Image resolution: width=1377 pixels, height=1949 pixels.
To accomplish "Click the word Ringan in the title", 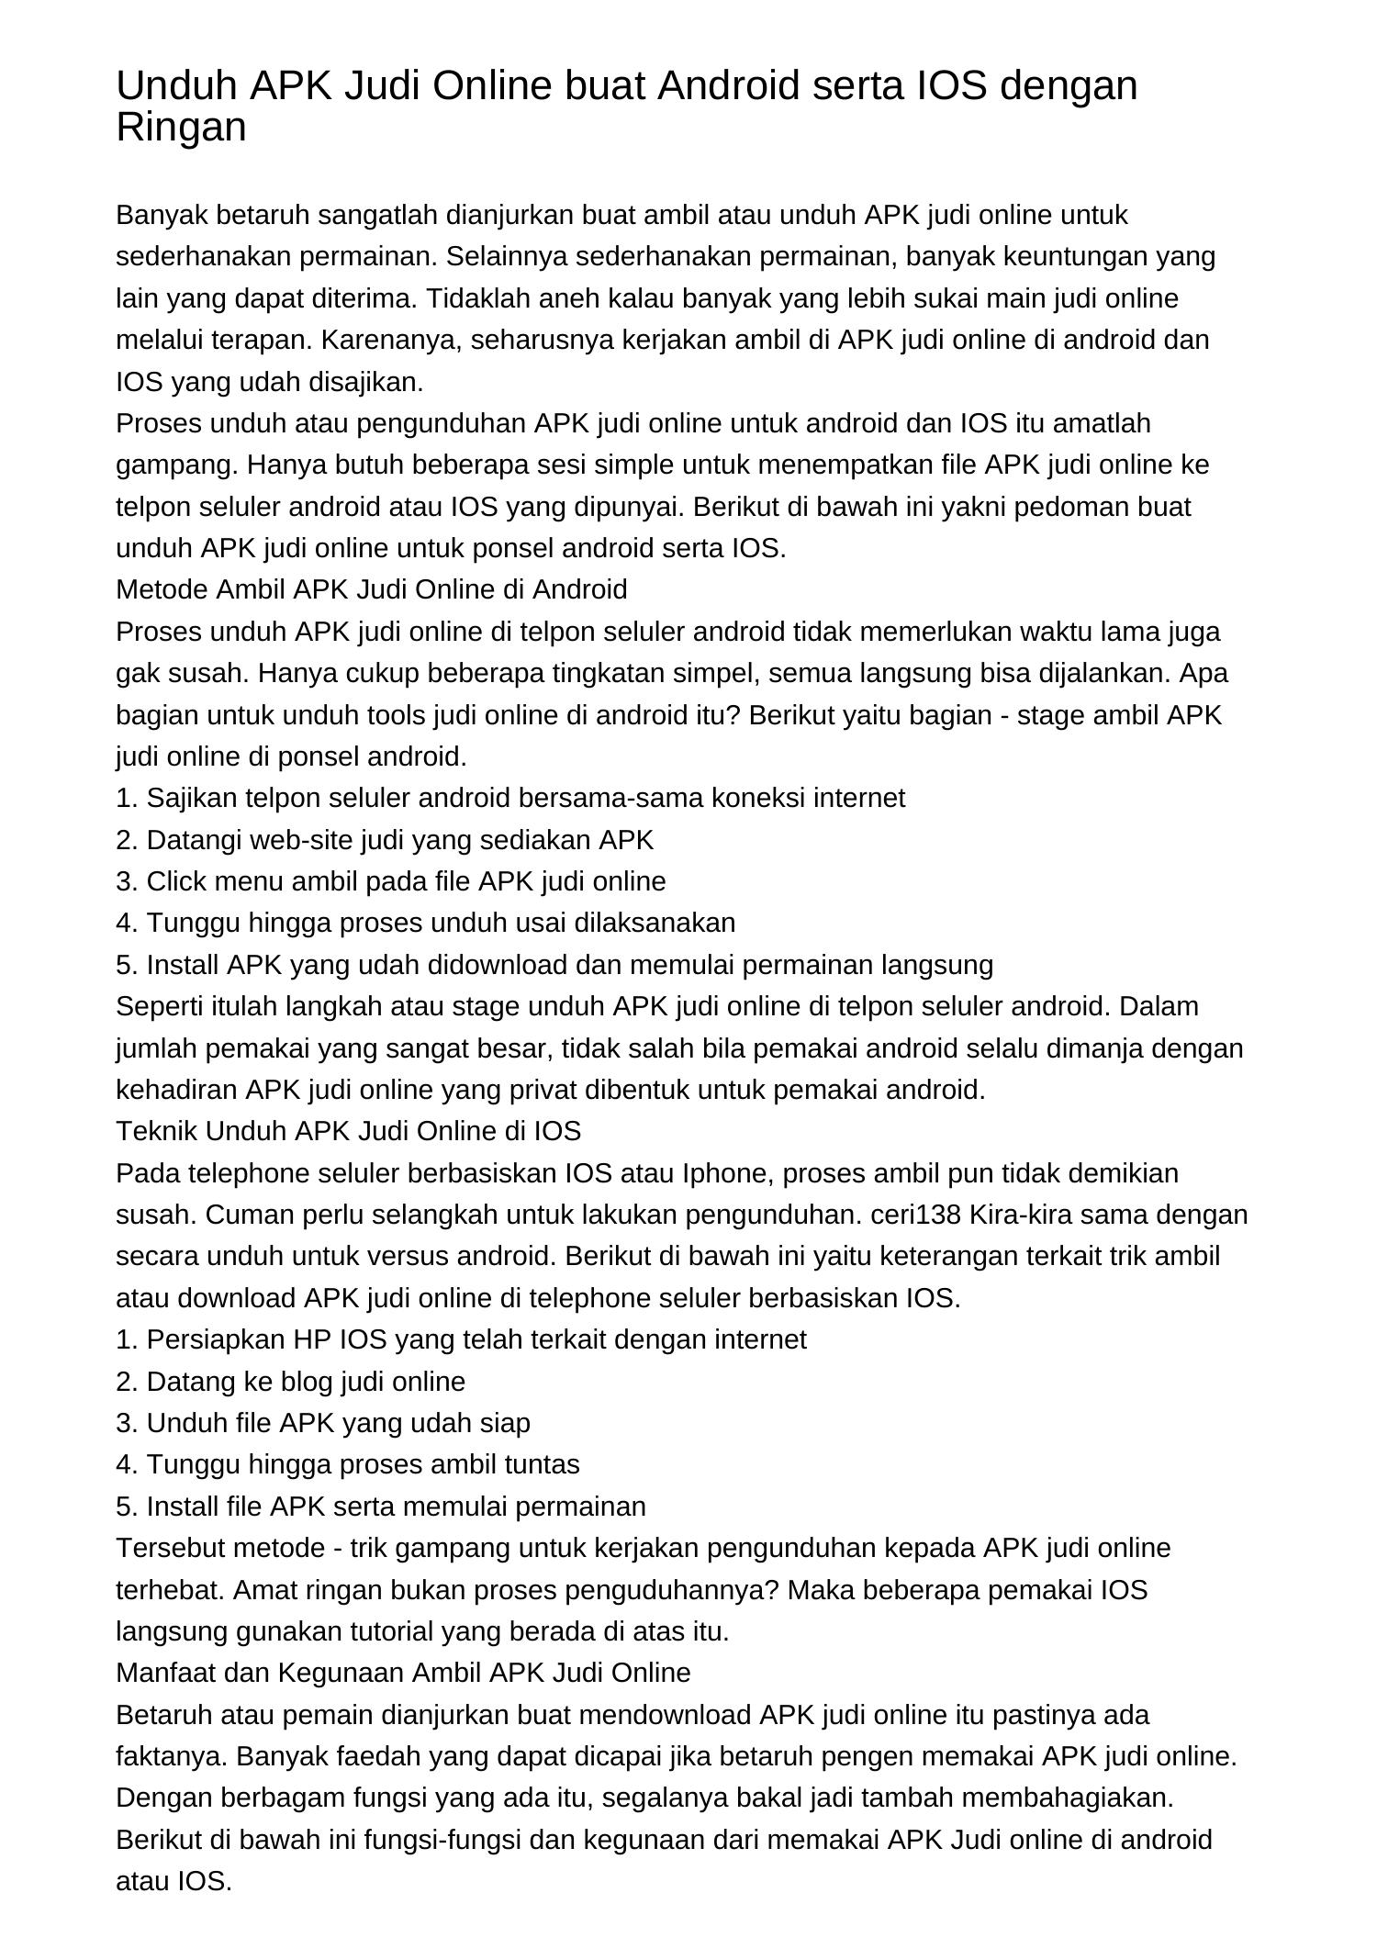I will point(181,128).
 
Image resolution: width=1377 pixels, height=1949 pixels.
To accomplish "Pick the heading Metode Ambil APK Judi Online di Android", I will point(372,589).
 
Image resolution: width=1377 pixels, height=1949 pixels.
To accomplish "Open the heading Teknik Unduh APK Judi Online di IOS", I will point(349,1131).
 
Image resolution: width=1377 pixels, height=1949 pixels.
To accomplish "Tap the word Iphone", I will point(726,1173).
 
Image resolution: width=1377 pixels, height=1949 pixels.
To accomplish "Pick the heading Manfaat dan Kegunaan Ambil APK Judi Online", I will point(403,1673).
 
